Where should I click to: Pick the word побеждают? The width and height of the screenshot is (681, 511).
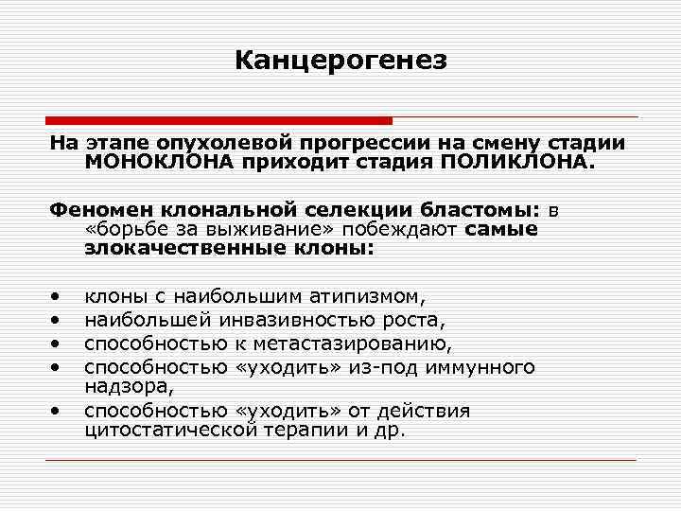(x=410, y=229)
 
